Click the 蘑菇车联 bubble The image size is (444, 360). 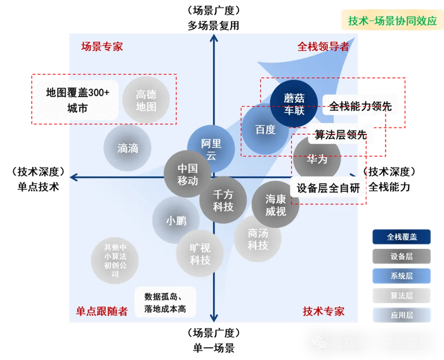(294, 103)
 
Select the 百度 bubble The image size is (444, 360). (265, 130)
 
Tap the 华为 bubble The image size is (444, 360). (317, 159)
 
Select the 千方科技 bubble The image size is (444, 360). (223, 201)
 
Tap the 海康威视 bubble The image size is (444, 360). (275, 204)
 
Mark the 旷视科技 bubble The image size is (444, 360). (200, 253)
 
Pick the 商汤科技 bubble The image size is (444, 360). (258, 239)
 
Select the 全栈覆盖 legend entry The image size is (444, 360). (401, 237)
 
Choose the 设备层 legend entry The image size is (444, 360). (401, 257)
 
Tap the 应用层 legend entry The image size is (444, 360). (401, 315)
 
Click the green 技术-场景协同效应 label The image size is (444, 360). (392, 20)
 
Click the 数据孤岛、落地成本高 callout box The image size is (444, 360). (166, 302)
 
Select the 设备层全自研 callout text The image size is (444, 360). (328, 188)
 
